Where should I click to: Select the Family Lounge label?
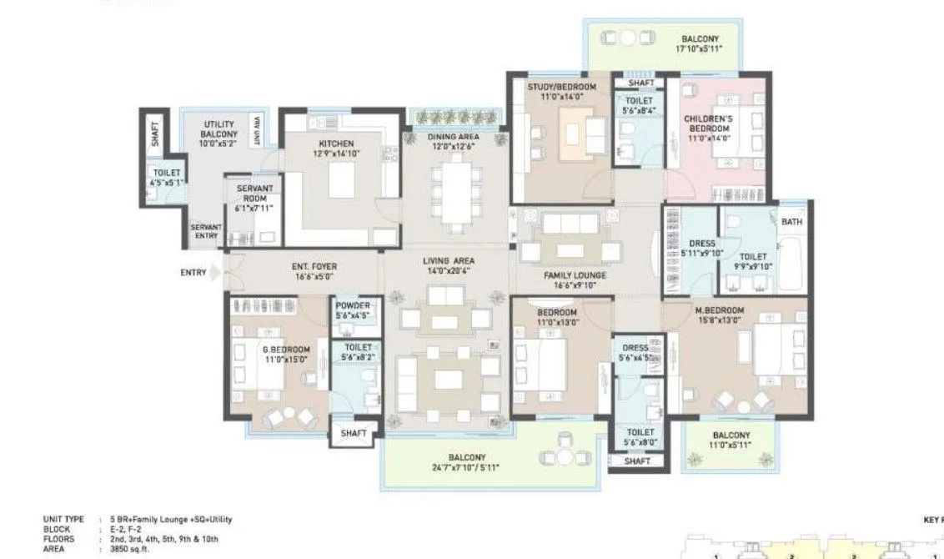pyautogui.click(x=575, y=274)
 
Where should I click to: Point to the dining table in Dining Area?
pyautogui.click(x=454, y=194)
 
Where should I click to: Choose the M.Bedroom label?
pyautogui.click(x=720, y=310)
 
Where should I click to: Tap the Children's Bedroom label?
pyautogui.click(x=708, y=123)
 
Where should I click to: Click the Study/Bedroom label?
pyautogui.click(x=561, y=87)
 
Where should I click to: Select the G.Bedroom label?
pyautogui.click(x=286, y=350)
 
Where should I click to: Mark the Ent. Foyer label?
pyautogui.click(x=314, y=267)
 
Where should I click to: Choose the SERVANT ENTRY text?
pyautogui.click(x=205, y=231)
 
